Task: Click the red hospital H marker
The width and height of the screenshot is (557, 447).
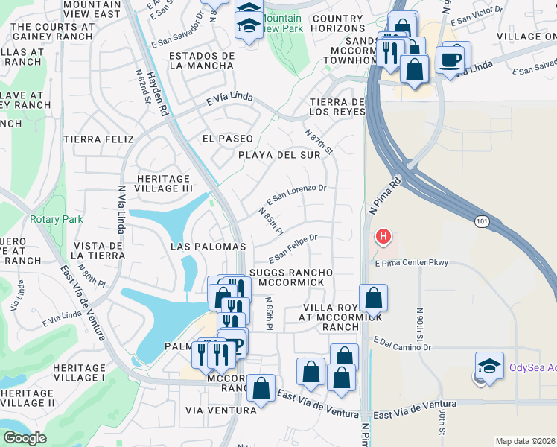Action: click(383, 238)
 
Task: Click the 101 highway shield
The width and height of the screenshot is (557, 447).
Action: click(481, 221)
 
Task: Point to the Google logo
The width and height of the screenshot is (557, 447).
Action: click(25, 438)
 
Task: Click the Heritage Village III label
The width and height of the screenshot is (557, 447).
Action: click(165, 183)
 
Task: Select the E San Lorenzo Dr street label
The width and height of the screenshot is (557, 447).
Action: click(296, 195)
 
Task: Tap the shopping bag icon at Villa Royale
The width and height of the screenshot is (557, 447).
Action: click(373, 298)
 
